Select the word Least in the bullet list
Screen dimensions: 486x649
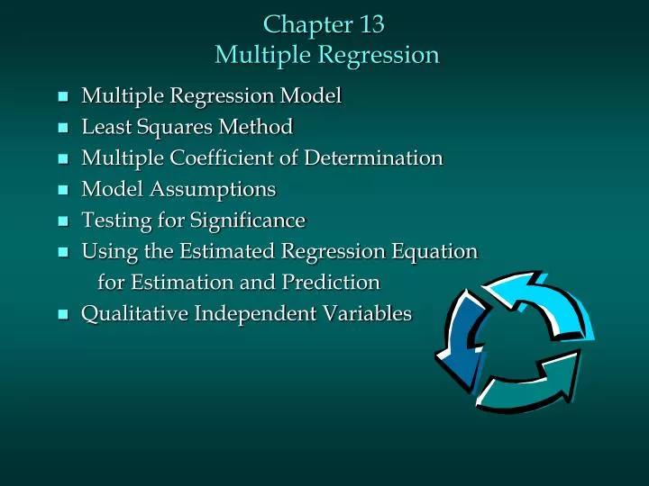coord(105,126)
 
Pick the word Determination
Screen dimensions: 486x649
coord(372,157)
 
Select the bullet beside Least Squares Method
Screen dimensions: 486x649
coord(62,128)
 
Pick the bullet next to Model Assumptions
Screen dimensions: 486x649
coord(62,191)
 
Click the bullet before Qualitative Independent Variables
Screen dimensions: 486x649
coord(62,315)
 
